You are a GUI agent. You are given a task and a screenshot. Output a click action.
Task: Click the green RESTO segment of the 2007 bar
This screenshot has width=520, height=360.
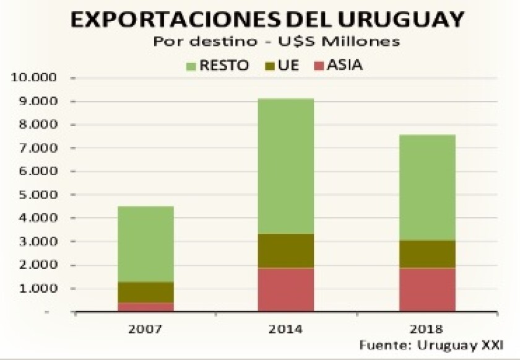[146, 244]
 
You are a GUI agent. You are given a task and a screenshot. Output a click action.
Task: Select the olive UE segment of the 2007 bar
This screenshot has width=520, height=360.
[146, 292]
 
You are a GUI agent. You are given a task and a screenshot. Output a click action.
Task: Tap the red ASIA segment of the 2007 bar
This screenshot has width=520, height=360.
[146, 307]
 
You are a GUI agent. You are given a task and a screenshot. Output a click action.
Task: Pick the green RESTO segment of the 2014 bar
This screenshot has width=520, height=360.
[286, 166]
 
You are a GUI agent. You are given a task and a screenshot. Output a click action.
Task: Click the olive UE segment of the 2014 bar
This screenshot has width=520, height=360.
[286, 251]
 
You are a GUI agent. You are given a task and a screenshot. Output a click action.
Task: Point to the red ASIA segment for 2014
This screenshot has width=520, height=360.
[286, 290]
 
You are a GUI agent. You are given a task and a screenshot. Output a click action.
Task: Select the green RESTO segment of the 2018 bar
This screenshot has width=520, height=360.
[427, 187]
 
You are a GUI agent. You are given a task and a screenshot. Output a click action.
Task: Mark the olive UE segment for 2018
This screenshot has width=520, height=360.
[427, 254]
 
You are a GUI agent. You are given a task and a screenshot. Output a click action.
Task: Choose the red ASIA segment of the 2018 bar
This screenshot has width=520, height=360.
[427, 290]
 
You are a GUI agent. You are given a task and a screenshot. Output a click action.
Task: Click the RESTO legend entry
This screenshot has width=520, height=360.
[217, 65]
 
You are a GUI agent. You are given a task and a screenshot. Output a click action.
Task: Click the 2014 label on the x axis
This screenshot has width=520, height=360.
[286, 328]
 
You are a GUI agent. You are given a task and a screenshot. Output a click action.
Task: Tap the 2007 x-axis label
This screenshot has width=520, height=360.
[146, 328]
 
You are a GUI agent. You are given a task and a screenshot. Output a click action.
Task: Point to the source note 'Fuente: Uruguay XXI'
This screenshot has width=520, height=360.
[431, 343]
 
